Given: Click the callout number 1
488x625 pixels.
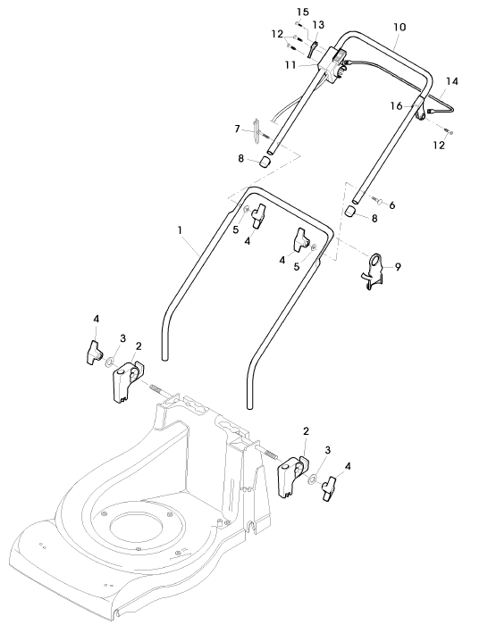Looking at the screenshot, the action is (180, 230).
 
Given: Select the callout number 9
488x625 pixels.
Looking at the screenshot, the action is (398, 267).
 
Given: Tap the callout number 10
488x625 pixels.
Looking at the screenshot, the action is (400, 27).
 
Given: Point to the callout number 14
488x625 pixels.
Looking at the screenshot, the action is (451, 81).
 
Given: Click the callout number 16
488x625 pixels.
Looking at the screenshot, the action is (396, 106).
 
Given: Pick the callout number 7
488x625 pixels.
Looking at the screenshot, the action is (238, 129).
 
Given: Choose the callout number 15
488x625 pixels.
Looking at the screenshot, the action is (303, 12).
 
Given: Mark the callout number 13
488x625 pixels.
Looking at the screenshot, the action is (318, 25).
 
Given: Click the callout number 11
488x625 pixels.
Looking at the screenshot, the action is (290, 65).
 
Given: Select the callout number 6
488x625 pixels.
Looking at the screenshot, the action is (392, 205).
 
